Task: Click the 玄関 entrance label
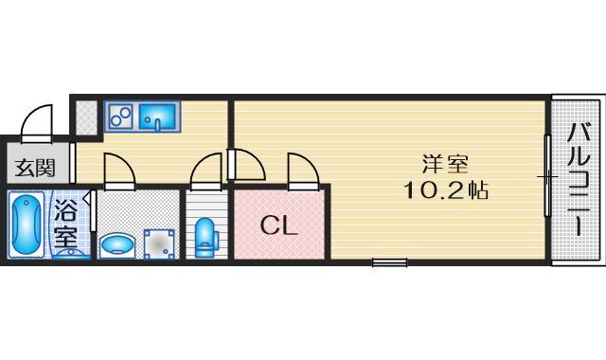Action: click(x=34, y=169)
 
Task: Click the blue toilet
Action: click(x=205, y=238)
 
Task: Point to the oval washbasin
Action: click(x=117, y=245)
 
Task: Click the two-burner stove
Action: click(x=121, y=117)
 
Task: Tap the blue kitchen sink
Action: click(x=158, y=117)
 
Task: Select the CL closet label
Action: click(x=279, y=225)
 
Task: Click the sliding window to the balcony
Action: click(x=547, y=177)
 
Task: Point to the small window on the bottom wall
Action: click(x=389, y=262)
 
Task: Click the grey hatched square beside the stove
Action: click(x=86, y=117)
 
